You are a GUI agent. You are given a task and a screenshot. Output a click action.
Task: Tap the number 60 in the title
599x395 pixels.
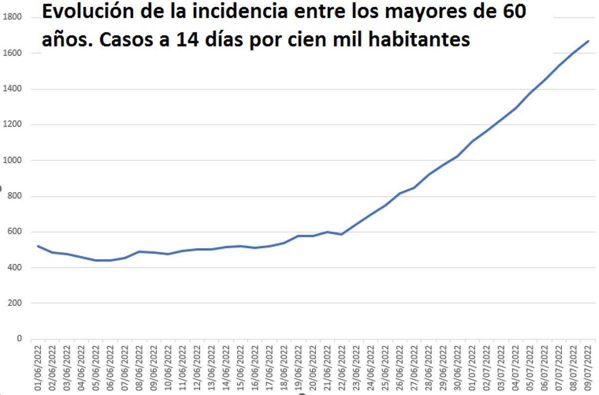tap(511, 12)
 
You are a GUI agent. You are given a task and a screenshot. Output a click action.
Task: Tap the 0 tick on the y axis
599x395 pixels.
tap(20, 339)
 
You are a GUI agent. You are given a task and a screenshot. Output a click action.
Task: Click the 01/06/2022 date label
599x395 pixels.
tap(37, 367)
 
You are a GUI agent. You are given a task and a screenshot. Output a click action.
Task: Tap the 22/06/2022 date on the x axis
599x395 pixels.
tap(341, 367)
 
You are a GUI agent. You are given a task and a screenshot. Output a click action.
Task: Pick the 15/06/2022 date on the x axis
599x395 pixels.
tap(240, 367)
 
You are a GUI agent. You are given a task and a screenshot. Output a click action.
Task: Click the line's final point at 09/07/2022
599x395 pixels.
tap(589, 41)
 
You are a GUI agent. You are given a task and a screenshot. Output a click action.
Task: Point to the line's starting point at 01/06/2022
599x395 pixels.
tap(37, 246)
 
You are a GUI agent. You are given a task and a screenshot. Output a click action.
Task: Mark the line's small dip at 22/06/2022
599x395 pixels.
tap(341, 234)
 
